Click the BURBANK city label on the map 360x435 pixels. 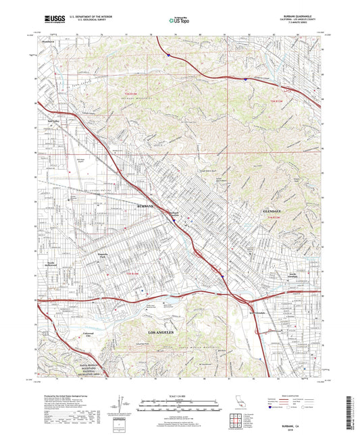click(x=147, y=204)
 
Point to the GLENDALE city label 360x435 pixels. click(x=270, y=211)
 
